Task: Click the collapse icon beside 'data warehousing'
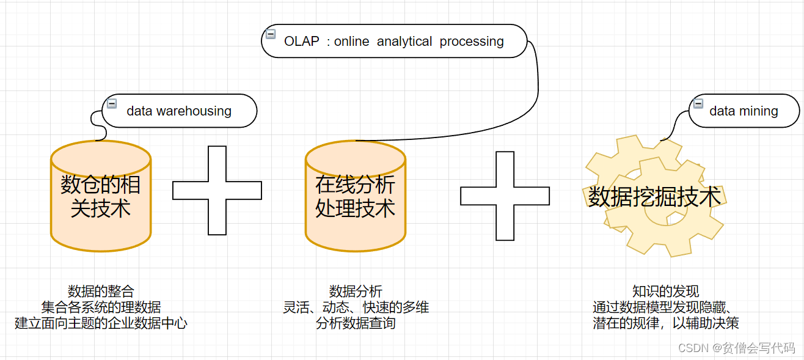point(112,104)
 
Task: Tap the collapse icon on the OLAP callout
point(269,34)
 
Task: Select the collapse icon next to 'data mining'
point(698,104)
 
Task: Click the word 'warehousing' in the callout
point(194,111)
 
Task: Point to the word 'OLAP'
point(302,42)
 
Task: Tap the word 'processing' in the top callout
point(472,42)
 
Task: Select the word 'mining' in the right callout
point(758,111)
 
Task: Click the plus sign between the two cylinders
point(217,190)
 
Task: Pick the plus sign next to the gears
point(505,196)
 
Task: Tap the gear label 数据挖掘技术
point(654,197)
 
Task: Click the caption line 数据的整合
point(101,291)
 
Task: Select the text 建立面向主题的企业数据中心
point(101,323)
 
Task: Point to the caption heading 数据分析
point(356,291)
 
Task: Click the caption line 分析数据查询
point(356,323)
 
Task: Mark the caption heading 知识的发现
point(665,291)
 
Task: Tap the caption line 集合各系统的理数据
point(101,307)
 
